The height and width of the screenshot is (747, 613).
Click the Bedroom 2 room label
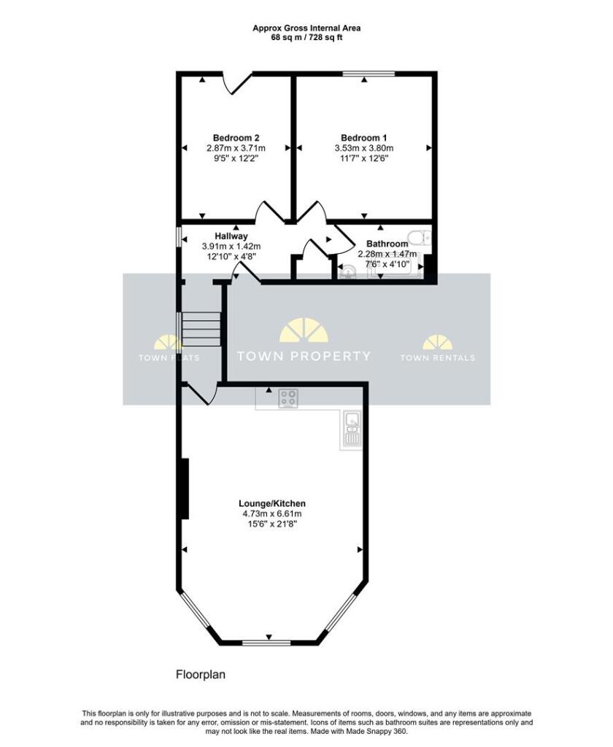tap(236, 138)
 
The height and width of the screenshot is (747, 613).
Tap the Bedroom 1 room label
tap(363, 138)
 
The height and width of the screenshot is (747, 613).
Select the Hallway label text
tap(231, 236)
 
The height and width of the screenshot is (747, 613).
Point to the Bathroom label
tap(387, 244)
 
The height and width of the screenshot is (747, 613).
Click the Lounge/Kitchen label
tap(271, 503)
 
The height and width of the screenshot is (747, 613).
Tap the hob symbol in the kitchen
tap(289, 399)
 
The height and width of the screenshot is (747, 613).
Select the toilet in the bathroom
tap(420, 237)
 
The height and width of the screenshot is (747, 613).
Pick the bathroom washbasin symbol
tap(348, 272)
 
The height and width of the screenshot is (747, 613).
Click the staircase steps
tap(201, 329)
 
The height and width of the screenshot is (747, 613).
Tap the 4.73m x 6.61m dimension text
tap(271, 514)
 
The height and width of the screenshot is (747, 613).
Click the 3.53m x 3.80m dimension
tap(363, 148)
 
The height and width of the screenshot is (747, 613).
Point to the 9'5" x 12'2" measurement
tap(236, 158)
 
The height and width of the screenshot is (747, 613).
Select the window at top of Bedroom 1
tap(369, 74)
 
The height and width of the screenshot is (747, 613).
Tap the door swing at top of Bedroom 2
tap(236, 83)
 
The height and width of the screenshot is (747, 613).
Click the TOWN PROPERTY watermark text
tap(304, 356)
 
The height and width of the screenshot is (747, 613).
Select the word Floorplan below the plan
tap(201, 675)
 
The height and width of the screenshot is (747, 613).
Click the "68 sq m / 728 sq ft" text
tap(306, 37)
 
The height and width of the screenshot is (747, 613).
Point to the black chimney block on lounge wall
tap(185, 488)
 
